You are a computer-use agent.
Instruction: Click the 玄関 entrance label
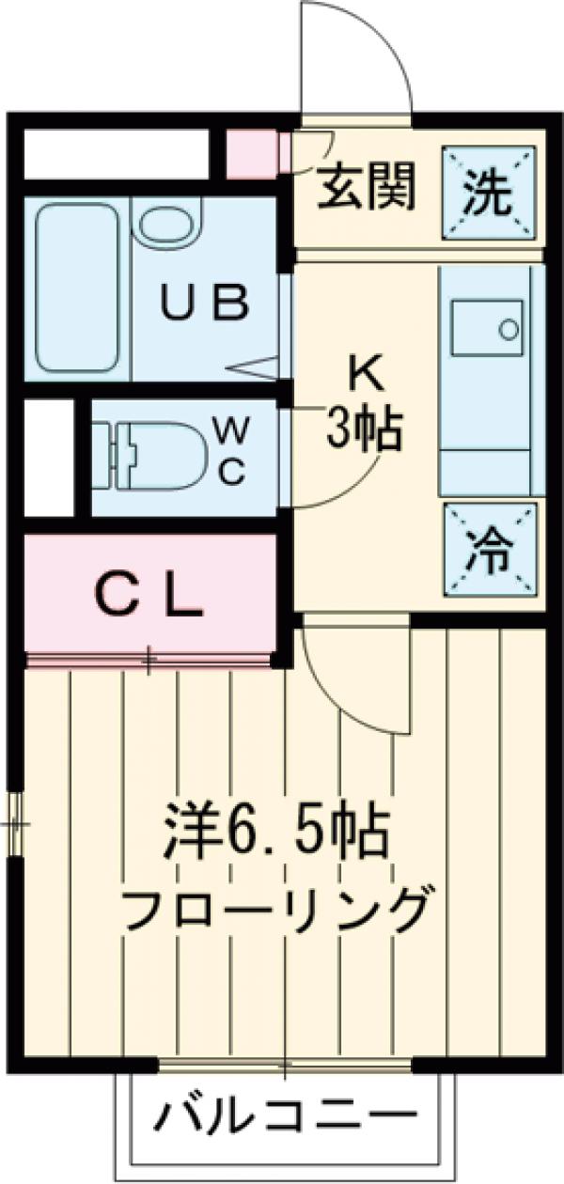(365, 192)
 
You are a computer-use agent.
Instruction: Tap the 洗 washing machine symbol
(492, 193)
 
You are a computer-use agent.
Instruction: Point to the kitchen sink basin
(489, 334)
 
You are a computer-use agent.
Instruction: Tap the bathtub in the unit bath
(78, 287)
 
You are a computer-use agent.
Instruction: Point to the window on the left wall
(14, 826)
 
